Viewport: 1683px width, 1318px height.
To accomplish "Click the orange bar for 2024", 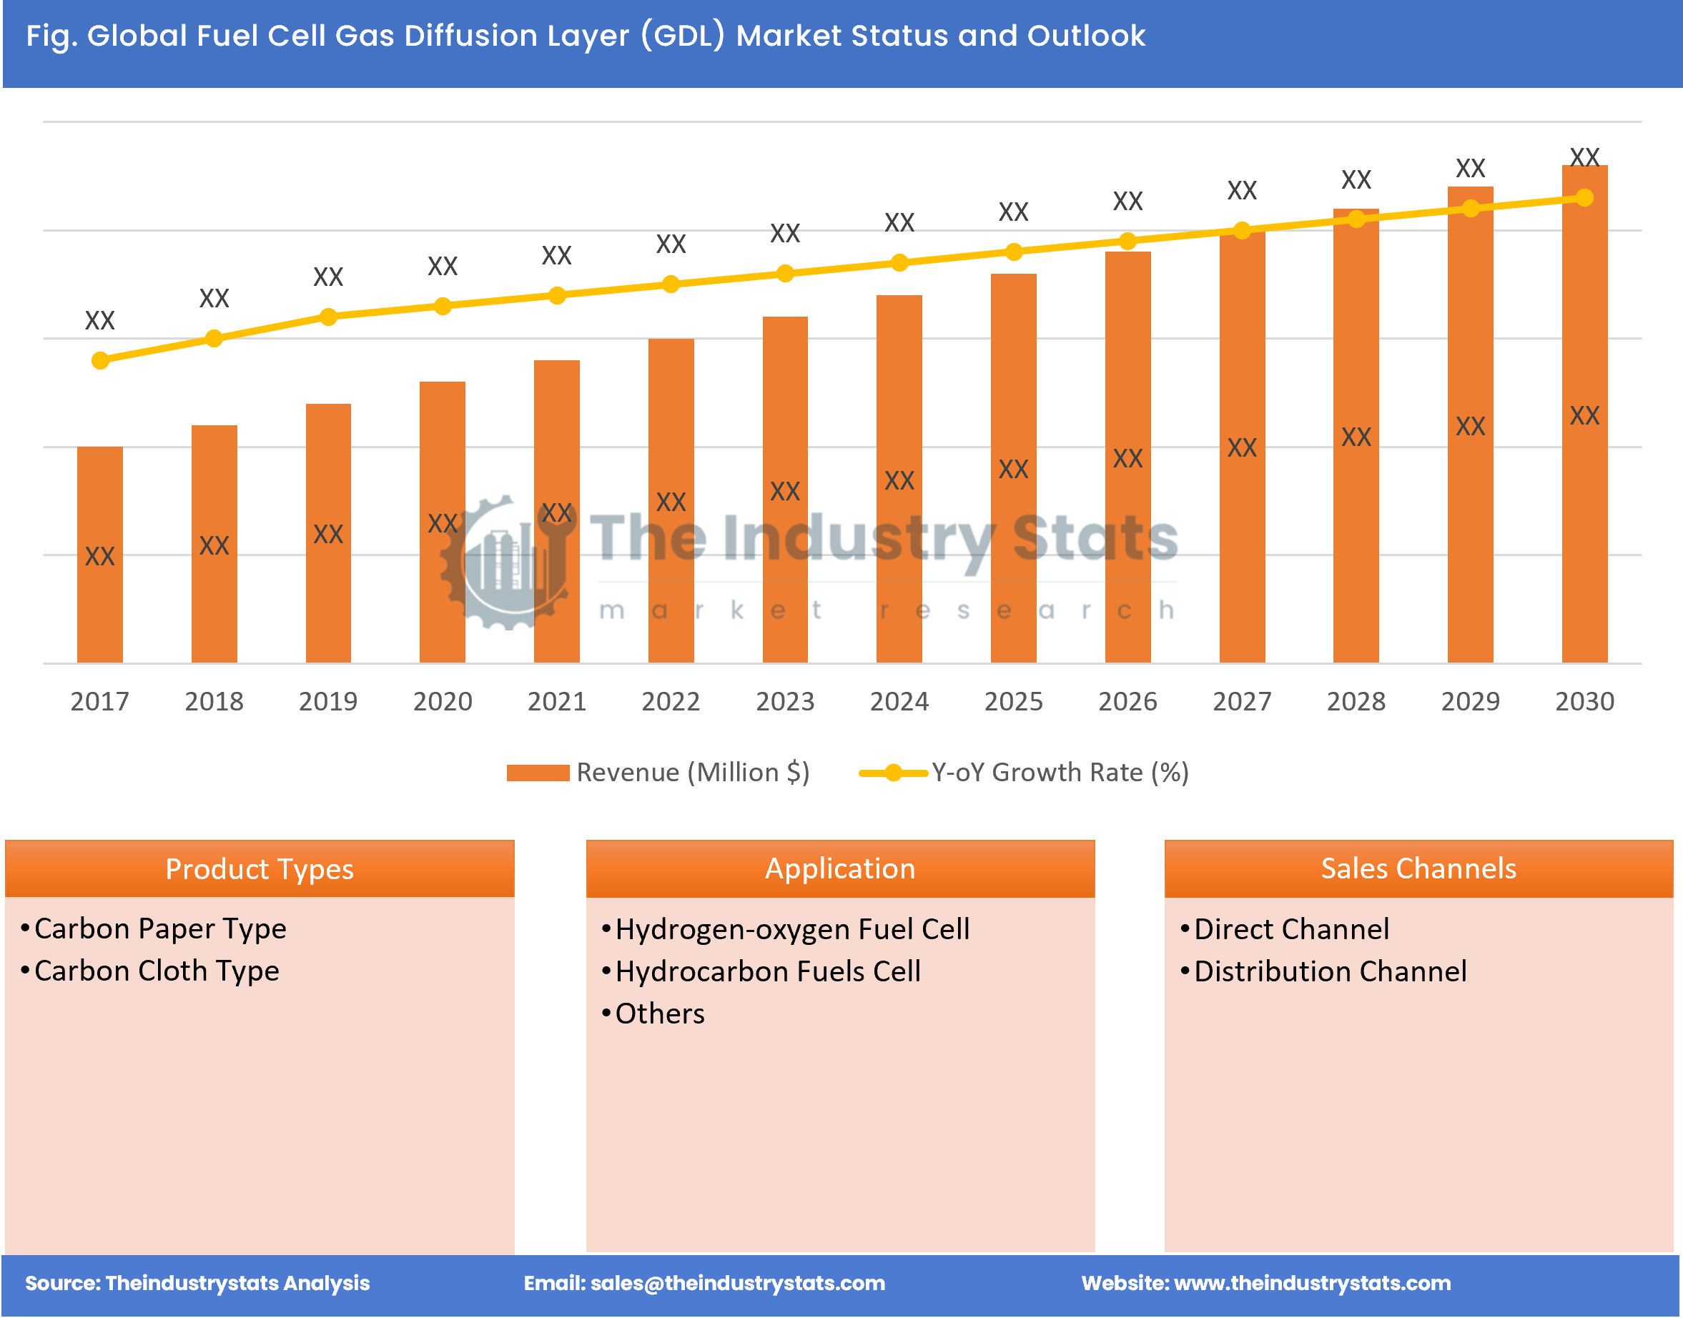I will (899, 478).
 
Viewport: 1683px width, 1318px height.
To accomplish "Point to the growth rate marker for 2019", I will (328, 317).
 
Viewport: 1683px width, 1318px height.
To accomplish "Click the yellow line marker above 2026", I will (1127, 242).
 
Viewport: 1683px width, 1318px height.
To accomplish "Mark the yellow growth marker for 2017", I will (99, 360).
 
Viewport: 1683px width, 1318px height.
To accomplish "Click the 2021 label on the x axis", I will (556, 700).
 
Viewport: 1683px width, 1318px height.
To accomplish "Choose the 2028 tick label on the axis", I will (1356, 700).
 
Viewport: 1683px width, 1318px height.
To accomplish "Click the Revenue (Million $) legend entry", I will (658, 773).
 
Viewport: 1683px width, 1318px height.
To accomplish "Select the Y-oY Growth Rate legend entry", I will (1025, 773).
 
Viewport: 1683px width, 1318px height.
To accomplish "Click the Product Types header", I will (260, 869).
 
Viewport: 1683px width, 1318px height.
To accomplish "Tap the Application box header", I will (839, 869).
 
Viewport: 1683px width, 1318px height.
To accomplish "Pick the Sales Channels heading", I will (1418, 869).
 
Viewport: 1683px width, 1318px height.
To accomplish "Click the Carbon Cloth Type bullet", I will (157, 971).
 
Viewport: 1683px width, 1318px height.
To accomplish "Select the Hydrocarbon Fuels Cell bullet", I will (768, 971).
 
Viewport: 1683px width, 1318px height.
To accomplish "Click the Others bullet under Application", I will (660, 1014).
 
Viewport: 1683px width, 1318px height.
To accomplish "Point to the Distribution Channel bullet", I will (1330, 971).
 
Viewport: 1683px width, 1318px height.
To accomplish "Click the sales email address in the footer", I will (737, 1282).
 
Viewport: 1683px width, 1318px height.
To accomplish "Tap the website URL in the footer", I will (1312, 1282).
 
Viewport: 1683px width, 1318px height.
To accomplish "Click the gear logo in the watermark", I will (505, 563).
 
